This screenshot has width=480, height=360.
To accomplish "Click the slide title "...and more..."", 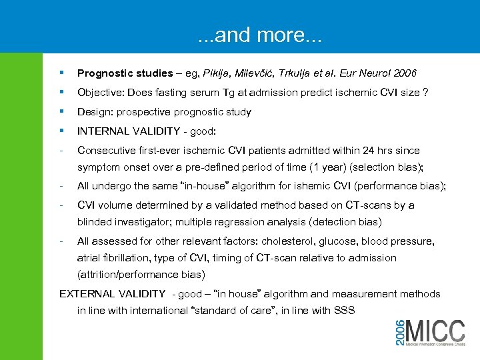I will point(259,34).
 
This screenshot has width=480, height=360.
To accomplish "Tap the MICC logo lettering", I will point(435,331).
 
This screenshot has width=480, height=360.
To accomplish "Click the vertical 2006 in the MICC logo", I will point(399,331).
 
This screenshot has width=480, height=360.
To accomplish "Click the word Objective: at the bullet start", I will point(100,92).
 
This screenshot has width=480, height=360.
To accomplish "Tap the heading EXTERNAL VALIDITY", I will point(112,294).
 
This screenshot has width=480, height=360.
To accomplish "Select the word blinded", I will point(95,222).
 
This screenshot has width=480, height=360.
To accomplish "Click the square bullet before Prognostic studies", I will point(61,72).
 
